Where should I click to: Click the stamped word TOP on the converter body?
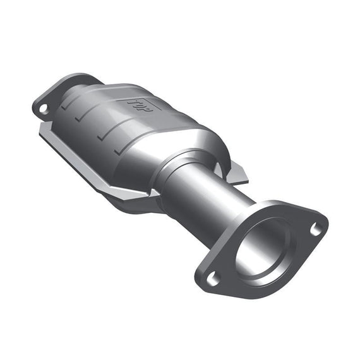coord(140,105)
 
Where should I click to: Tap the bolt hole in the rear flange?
coord(43,109)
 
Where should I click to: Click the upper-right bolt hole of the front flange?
coord(316,229)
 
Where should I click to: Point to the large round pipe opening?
coord(263,248)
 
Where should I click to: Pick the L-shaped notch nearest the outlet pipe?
coord(119,151)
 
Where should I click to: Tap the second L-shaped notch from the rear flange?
coord(80,119)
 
